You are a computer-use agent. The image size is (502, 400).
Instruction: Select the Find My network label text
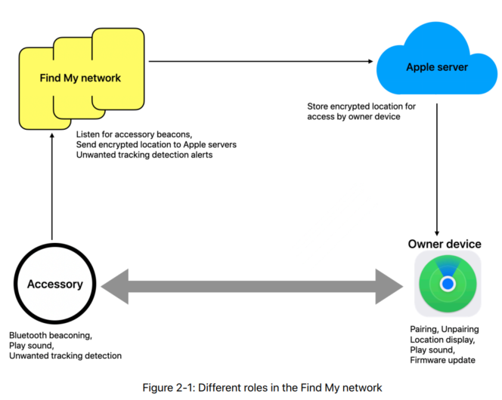pos(80,78)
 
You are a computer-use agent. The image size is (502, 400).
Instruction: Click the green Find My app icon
pos(448,283)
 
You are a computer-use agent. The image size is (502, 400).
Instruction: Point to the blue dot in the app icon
pos(448,284)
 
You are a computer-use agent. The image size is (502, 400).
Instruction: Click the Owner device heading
pos(445,244)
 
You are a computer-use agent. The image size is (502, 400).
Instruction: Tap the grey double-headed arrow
pos(253,285)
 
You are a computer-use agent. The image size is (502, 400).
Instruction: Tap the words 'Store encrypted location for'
pos(362,106)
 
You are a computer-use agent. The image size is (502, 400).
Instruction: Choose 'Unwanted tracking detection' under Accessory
pos(65,355)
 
